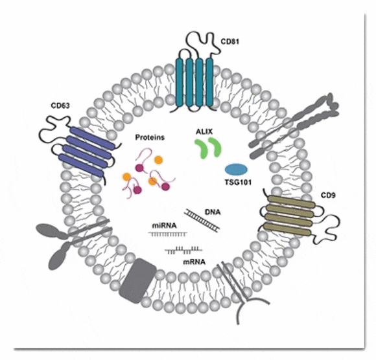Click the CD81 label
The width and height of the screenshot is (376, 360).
[229, 41]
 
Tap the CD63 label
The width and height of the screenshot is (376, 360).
[60, 106]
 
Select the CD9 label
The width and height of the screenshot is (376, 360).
[328, 196]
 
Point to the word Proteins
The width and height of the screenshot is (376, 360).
[150, 137]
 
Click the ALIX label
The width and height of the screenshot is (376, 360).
[204, 131]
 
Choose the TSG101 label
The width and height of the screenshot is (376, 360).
[238, 183]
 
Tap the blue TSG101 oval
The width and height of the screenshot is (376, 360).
[236, 170]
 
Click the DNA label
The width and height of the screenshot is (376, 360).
[213, 212]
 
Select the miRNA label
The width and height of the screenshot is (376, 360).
[164, 225]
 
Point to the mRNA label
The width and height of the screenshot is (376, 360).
[194, 262]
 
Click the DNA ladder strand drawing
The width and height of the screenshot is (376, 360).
[202, 220]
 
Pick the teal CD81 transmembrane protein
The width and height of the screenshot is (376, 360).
[194, 82]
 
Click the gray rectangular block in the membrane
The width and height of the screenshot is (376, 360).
[137, 280]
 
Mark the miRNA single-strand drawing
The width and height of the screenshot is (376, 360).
[168, 234]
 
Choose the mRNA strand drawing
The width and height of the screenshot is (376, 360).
[183, 250]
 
